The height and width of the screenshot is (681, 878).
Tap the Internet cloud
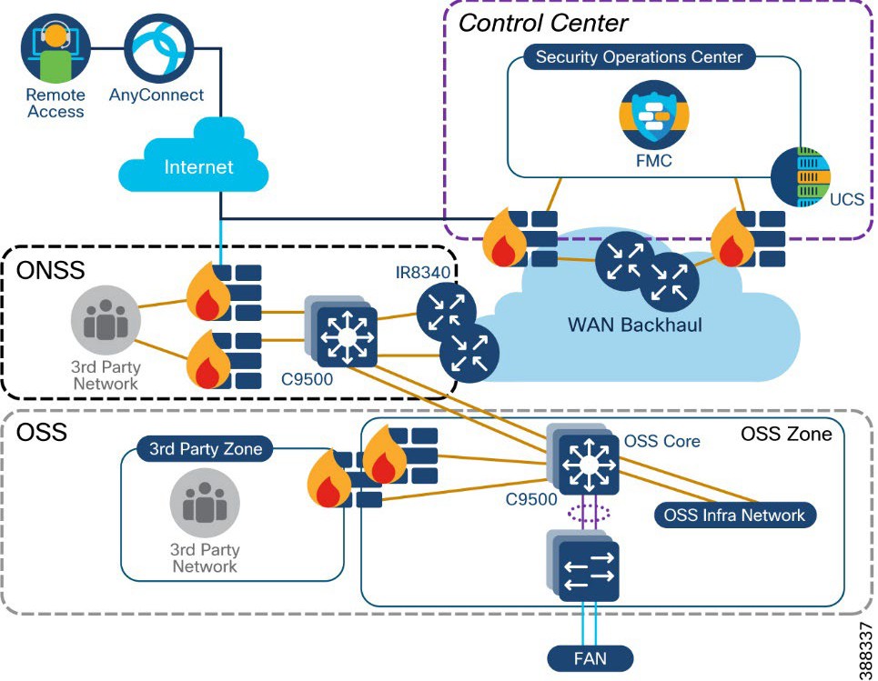coord(197,163)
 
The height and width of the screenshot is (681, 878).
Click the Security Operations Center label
coord(639,57)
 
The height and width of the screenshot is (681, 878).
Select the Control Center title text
coord(542,22)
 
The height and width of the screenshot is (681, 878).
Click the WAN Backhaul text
coord(634,324)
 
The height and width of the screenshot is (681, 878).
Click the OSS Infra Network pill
coord(734,516)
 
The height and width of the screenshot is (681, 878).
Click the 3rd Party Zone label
coord(206,448)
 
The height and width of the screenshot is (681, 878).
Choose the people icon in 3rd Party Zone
coord(205,505)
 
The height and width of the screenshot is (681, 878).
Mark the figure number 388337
coord(864,649)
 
